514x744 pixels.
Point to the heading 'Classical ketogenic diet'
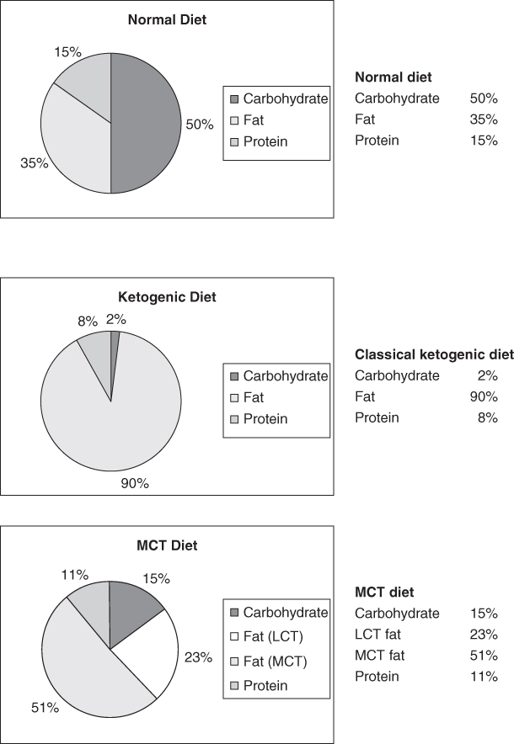pyautogui.click(x=434, y=354)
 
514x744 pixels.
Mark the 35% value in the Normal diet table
pyautogui.click(x=483, y=120)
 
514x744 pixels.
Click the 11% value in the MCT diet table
pyautogui.click(x=483, y=677)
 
